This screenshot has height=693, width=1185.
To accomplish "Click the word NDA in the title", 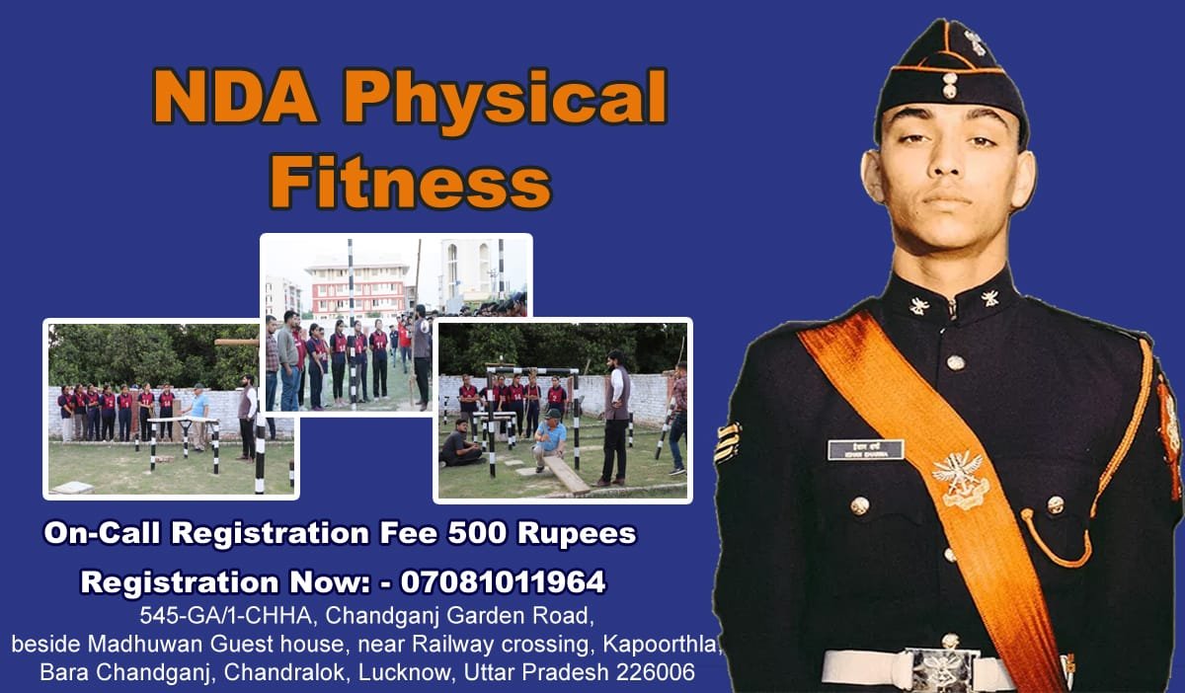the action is (x=236, y=98).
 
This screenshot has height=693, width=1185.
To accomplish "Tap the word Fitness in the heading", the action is (x=411, y=181).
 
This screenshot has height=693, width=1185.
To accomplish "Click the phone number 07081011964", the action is (x=503, y=581).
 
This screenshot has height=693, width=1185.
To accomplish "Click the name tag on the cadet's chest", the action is (x=865, y=449).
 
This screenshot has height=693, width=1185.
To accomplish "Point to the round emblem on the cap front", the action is (x=949, y=85).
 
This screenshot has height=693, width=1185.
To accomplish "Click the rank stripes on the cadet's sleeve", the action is (x=728, y=443).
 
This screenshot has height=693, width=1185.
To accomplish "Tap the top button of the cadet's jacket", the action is (x=956, y=362).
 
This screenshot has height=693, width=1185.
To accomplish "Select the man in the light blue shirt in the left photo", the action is (x=198, y=416).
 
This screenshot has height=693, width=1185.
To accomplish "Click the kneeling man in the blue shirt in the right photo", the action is (x=550, y=439).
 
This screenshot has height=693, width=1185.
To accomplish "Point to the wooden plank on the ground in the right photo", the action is (x=566, y=474).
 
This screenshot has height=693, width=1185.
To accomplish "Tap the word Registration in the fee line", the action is (x=270, y=533).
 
